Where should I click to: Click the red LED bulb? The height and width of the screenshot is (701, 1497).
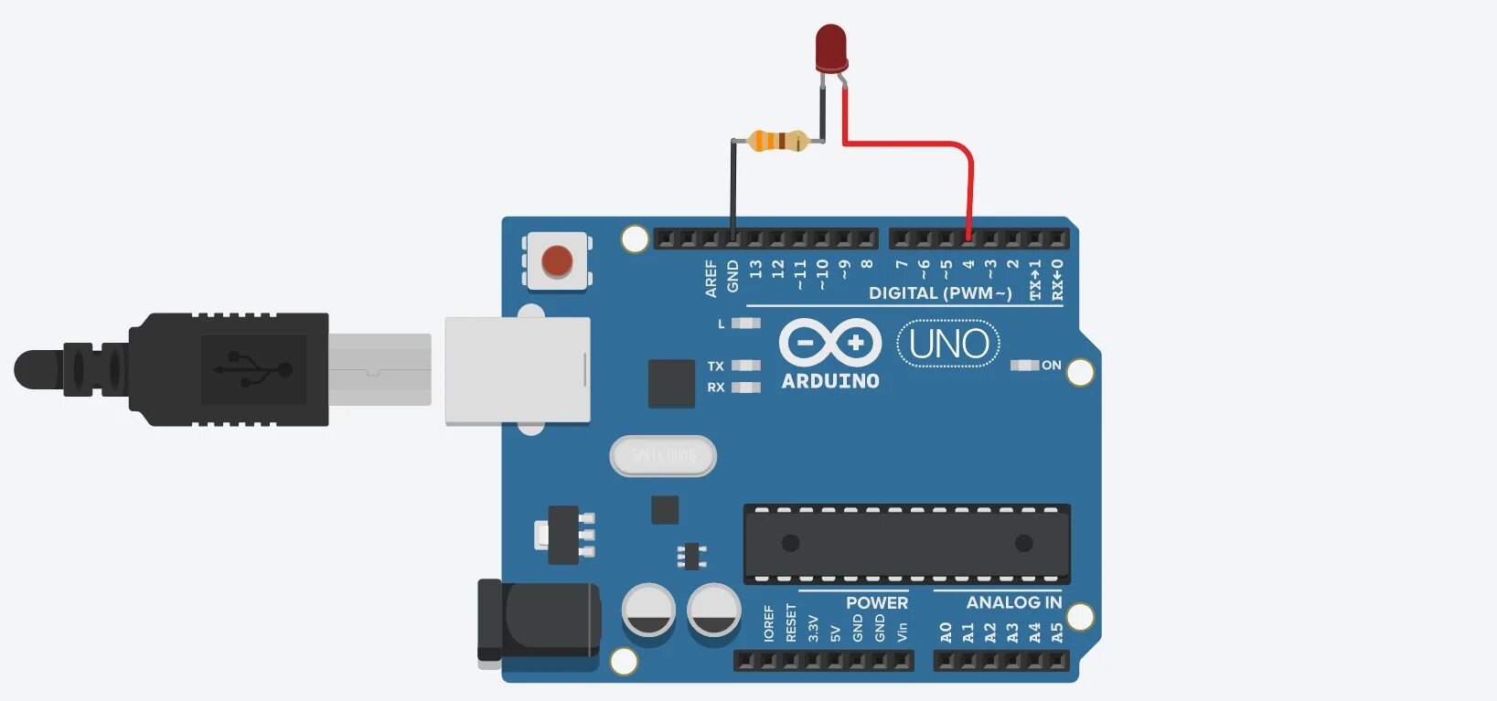[x=830, y=48]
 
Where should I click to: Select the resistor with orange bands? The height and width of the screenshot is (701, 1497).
[x=778, y=141]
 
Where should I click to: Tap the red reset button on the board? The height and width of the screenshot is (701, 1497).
[x=557, y=261]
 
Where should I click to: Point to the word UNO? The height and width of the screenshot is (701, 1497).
[x=948, y=344]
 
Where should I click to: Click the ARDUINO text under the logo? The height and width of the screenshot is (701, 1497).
[x=830, y=381]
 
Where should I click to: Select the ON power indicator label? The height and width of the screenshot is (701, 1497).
[x=1052, y=366]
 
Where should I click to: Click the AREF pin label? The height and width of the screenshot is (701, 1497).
[x=711, y=278]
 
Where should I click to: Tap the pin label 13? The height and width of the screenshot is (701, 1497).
[x=755, y=270]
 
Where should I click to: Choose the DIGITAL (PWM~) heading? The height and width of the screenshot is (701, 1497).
[x=940, y=293]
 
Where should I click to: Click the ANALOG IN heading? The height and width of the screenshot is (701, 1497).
[x=1014, y=602]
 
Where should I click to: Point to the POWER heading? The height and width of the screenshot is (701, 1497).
[x=877, y=602]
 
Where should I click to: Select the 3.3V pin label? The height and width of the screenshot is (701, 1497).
[x=813, y=628]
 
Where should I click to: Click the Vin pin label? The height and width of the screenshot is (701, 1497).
[x=902, y=631]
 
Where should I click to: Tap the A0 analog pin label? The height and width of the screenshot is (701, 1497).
[x=946, y=632]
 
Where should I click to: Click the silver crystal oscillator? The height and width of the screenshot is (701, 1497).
[x=663, y=456]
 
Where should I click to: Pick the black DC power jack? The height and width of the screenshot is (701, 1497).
[x=539, y=621]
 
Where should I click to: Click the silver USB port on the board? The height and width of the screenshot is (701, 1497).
[x=517, y=370]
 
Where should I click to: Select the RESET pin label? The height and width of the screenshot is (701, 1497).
[x=791, y=622]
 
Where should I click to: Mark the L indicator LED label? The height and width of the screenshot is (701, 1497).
[x=721, y=324]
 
